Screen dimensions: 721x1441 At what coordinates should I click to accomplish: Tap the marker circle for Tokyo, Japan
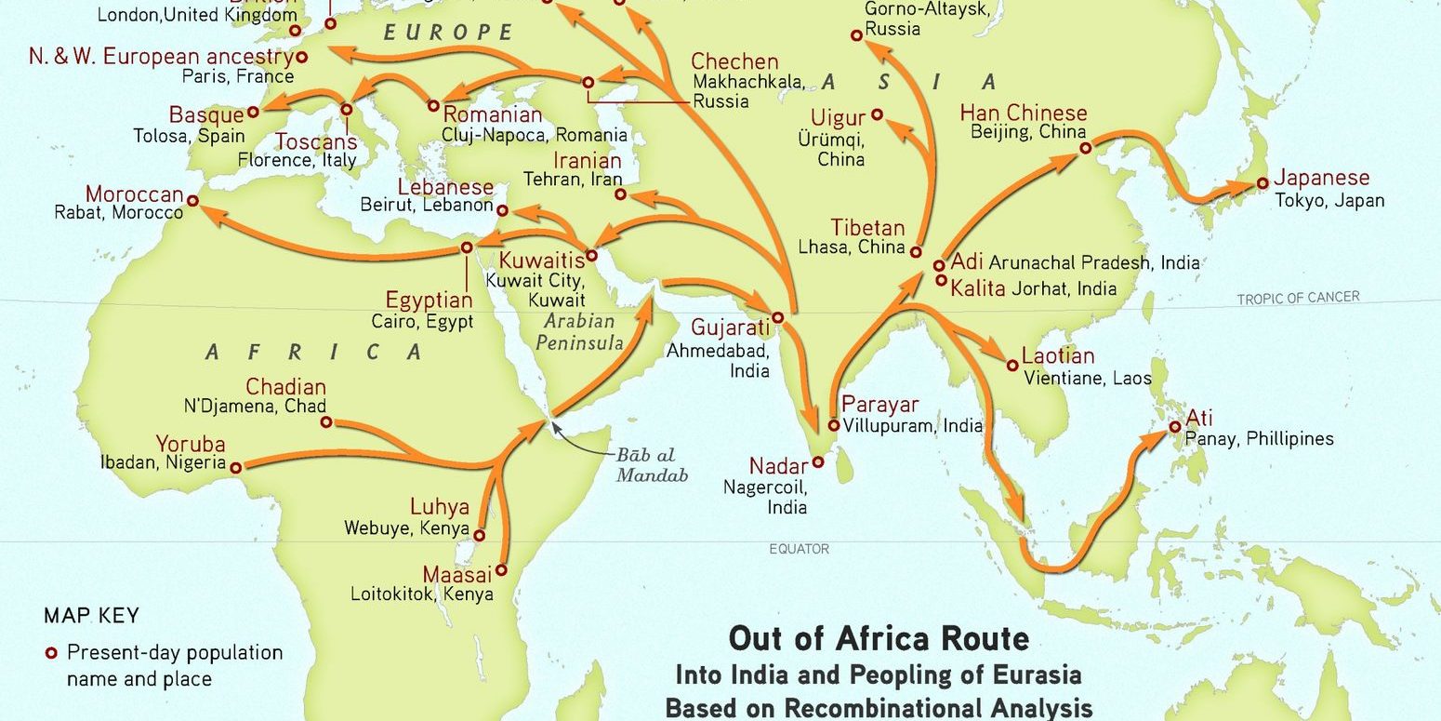point(1263,183)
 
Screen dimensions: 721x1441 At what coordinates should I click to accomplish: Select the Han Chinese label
point(1023,113)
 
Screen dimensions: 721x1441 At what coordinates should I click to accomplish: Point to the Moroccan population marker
point(192,201)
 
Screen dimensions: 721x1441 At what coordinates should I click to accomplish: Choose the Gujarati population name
point(731,327)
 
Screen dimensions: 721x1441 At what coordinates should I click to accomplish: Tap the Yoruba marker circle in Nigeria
point(235,468)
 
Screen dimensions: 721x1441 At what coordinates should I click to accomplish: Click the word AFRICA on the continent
point(314,352)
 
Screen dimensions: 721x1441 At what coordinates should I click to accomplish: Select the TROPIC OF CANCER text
point(1297,298)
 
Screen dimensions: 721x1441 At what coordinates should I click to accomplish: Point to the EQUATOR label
point(799,549)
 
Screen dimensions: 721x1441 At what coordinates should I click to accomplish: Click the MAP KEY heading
point(91,616)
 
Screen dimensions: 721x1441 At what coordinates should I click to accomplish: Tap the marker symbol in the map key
point(52,652)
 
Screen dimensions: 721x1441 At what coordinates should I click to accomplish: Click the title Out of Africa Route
point(879,639)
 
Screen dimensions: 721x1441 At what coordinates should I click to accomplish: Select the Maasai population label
point(456,574)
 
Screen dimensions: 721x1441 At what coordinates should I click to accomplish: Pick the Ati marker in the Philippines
point(1175,427)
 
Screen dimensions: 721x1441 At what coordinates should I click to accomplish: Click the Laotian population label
point(1058,355)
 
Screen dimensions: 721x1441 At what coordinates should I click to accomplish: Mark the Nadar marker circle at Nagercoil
point(818,461)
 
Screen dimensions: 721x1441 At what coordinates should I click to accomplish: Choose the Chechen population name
point(734,61)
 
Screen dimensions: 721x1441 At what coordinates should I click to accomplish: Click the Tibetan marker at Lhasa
point(916,251)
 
